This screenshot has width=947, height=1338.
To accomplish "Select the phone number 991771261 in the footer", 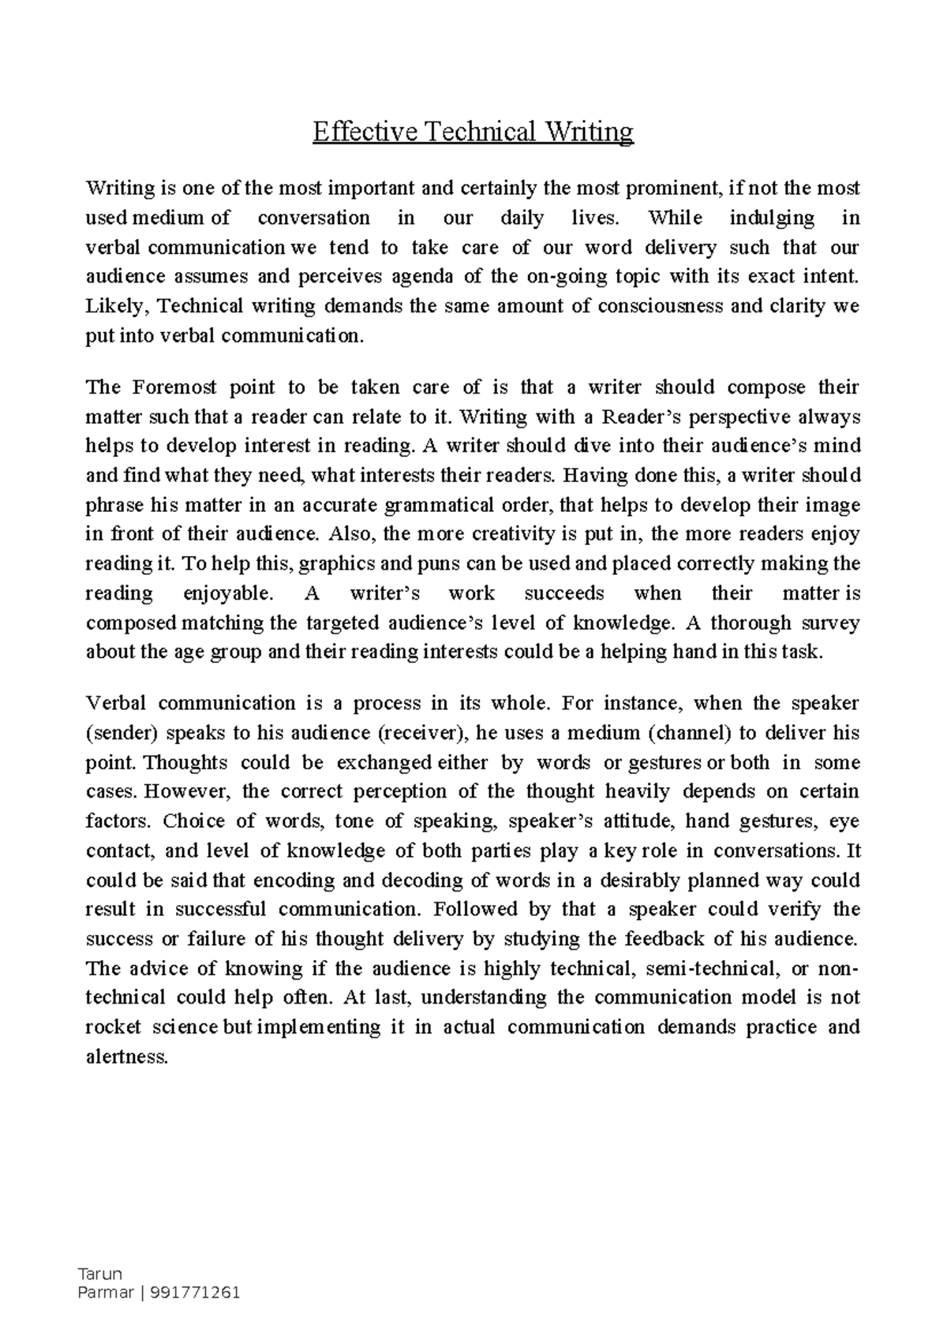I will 201,1293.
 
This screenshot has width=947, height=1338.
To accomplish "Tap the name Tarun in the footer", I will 95,1274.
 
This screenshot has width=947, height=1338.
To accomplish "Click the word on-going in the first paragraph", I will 563,277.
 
